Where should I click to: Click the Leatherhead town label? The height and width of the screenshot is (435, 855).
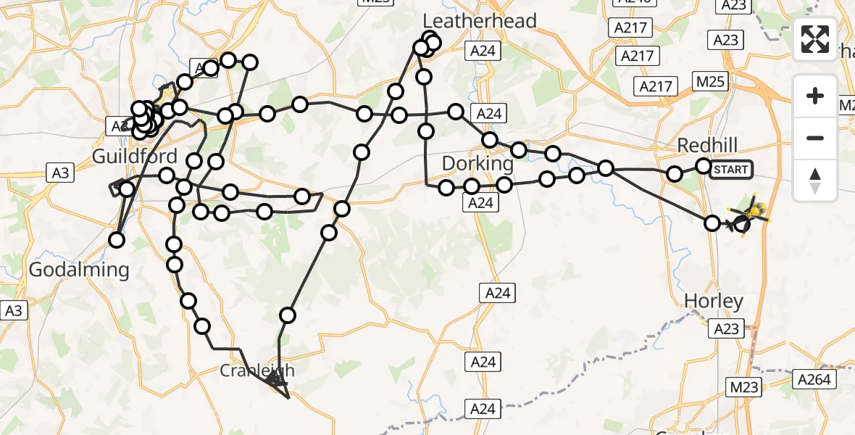[480, 20]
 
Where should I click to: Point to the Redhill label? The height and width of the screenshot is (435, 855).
[706, 145]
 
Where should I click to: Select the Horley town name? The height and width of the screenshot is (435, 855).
[714, 301]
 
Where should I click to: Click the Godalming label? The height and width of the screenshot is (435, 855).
[79, 270]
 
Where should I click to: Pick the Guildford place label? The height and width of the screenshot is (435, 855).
[135, 157]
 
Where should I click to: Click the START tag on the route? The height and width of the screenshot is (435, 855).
[730, 170]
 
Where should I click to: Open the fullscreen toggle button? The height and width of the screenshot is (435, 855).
[815, 39]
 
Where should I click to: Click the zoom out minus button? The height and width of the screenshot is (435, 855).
[815, 138]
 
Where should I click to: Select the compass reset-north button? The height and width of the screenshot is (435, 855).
[815, 180]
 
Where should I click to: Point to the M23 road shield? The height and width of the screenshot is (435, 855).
[744, 388]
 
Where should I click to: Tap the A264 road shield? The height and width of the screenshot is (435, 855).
[816, 378]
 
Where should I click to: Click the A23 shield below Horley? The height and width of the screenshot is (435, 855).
[726, 329]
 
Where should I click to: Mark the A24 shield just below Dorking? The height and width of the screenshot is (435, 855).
[480, 204]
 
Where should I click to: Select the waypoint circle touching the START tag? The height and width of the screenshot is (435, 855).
[704, 166]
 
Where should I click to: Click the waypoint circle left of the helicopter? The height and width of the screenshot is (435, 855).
[712, 223]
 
